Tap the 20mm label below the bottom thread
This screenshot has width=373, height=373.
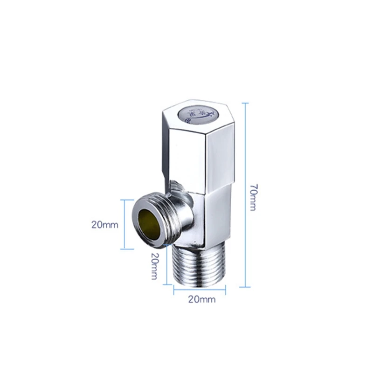201,299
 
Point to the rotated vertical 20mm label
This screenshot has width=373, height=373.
154,266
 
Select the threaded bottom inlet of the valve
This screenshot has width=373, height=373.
199,265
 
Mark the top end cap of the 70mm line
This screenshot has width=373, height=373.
245,103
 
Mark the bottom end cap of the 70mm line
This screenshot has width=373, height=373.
245,287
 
